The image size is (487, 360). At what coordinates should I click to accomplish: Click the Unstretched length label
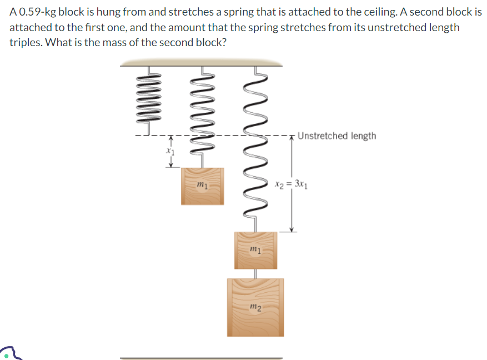click(337, 136)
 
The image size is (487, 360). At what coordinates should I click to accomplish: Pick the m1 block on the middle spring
click(203, 186)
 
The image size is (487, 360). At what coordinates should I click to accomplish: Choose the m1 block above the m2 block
click(255, 249)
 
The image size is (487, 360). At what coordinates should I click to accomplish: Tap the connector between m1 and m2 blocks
click(255, 273)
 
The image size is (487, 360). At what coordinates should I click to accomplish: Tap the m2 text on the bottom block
click(255, 307)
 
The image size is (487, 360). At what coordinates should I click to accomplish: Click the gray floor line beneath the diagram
click(201, 358)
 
